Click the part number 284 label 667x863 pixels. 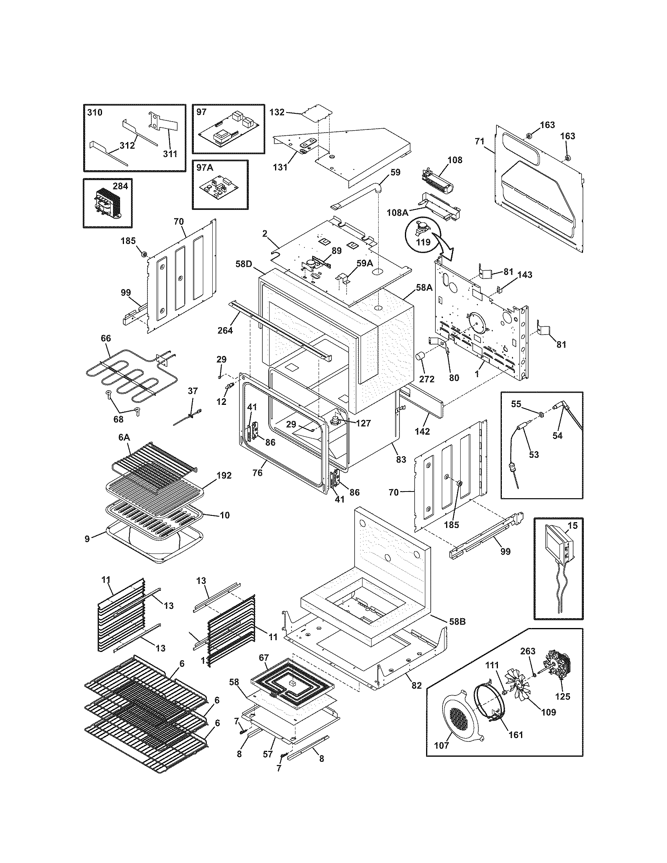[x=120, y=186]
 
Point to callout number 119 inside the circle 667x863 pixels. [x=423, y=242]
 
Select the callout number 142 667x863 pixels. [x=422, y=431]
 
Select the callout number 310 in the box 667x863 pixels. [x=95, y=112]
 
